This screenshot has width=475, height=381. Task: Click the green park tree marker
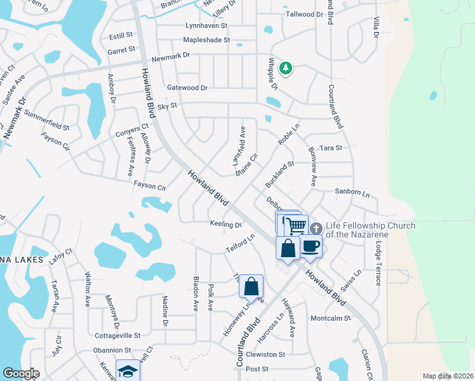pyautogui.click(x=286, y=68)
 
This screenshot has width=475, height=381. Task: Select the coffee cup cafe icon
pyautogui.click(x=310, y=246)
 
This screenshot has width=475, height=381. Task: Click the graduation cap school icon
pyautogui.click(x=127, y=371)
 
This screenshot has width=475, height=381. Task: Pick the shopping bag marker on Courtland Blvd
pyautogui.click(x=251, y=286)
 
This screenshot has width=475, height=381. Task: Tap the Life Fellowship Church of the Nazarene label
pyautogui.click(x=371, y=230)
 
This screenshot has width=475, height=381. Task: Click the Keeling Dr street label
pyautogui.click(x=226, y=224)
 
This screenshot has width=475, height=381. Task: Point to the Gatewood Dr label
pyautogui.click(x=187, y=88)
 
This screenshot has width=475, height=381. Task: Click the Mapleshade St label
pyautogui.click(x=206, y=40)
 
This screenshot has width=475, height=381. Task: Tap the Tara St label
pyautogui.click(x=331, y=147)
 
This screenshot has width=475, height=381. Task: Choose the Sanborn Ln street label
pyautogui.click(x=352, y=191)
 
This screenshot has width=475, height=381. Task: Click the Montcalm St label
pyautogui.click(x=330, y=318)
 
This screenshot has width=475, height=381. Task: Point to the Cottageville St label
pyautogui.click(x=117, y=335)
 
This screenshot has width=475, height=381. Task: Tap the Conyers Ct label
pyautogui.click(x=131, y=130)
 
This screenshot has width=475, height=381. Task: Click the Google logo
pyautogui.click(x=20, y=373)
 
